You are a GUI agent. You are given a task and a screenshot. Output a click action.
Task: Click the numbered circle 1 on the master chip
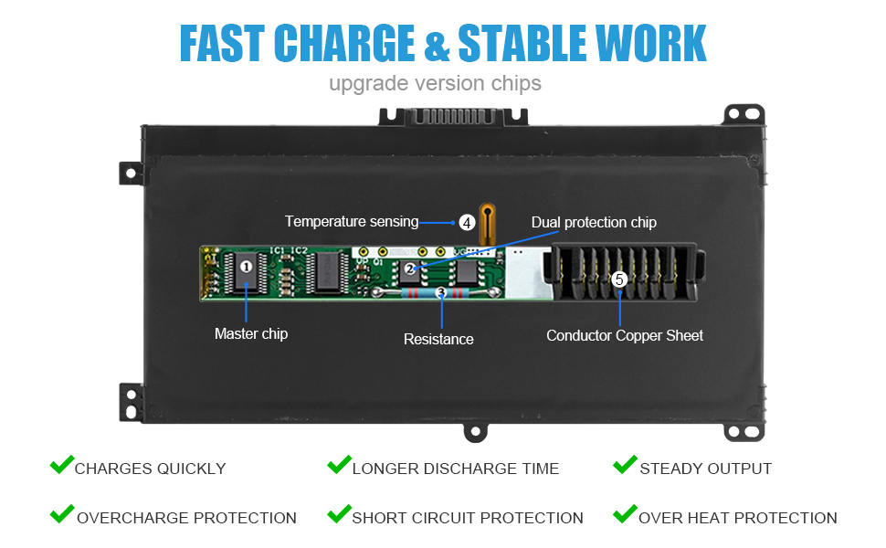click(246, 266)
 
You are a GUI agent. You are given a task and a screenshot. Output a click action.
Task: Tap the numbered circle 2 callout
click(410, 269)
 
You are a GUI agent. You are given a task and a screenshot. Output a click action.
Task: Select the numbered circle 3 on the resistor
click(441, 292)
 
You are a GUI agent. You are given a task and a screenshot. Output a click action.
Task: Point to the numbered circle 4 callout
click(467, 223)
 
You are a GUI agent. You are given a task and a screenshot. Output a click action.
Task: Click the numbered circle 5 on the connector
click(619, 279)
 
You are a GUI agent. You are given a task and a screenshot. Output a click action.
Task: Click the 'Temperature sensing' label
click(352, 221)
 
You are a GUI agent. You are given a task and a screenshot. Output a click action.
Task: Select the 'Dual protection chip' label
click(594, 223)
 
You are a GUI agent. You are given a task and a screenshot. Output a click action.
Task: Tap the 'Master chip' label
click(251, 334)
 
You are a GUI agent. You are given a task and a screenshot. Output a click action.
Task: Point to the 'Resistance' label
click(438, 339)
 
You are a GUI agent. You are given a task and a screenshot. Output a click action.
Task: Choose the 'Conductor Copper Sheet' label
click(625, 335)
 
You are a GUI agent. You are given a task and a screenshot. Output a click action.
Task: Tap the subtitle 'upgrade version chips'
click(435, 84)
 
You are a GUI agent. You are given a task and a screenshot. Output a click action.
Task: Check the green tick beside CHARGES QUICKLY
click(62, 464)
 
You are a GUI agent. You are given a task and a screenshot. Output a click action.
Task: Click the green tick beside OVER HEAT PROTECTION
click(625, 513)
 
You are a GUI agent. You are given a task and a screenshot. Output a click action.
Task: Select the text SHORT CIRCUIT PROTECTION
click(468, 518)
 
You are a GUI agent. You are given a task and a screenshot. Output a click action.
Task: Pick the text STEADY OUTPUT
click(706, 469)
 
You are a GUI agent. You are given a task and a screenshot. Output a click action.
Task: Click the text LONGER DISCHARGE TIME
click(456, 469)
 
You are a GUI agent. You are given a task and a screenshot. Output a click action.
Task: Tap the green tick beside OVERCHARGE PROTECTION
click(62, 513)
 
